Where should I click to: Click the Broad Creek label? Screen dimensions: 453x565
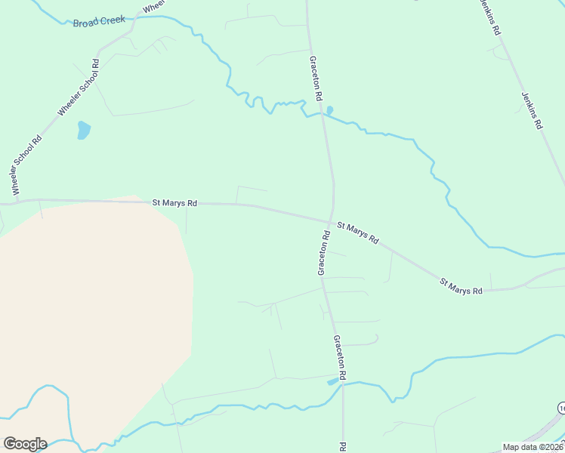point(99,21)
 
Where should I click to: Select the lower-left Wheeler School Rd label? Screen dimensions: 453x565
point(26,160)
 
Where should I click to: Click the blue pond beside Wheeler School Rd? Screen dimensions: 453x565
point(83,131)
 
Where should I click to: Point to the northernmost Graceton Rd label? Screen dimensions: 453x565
point(316,79)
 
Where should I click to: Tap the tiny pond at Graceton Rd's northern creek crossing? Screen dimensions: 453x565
point(329,110)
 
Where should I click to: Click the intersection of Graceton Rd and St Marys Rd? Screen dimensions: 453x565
point(330,221)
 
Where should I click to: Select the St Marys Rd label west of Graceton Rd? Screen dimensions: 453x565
point(174,202)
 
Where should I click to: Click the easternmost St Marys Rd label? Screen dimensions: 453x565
point(461,286)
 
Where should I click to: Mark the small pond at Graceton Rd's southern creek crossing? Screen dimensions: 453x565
point(333,381)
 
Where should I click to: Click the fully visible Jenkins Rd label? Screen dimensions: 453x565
point(533,110)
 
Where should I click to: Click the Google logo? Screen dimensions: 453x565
point(25,444)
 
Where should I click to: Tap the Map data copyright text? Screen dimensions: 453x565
point(533,447)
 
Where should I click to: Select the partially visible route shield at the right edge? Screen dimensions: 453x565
point(561,408)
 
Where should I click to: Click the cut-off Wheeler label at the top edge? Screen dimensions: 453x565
point(153,6)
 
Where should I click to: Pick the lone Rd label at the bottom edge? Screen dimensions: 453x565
point(344,447)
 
